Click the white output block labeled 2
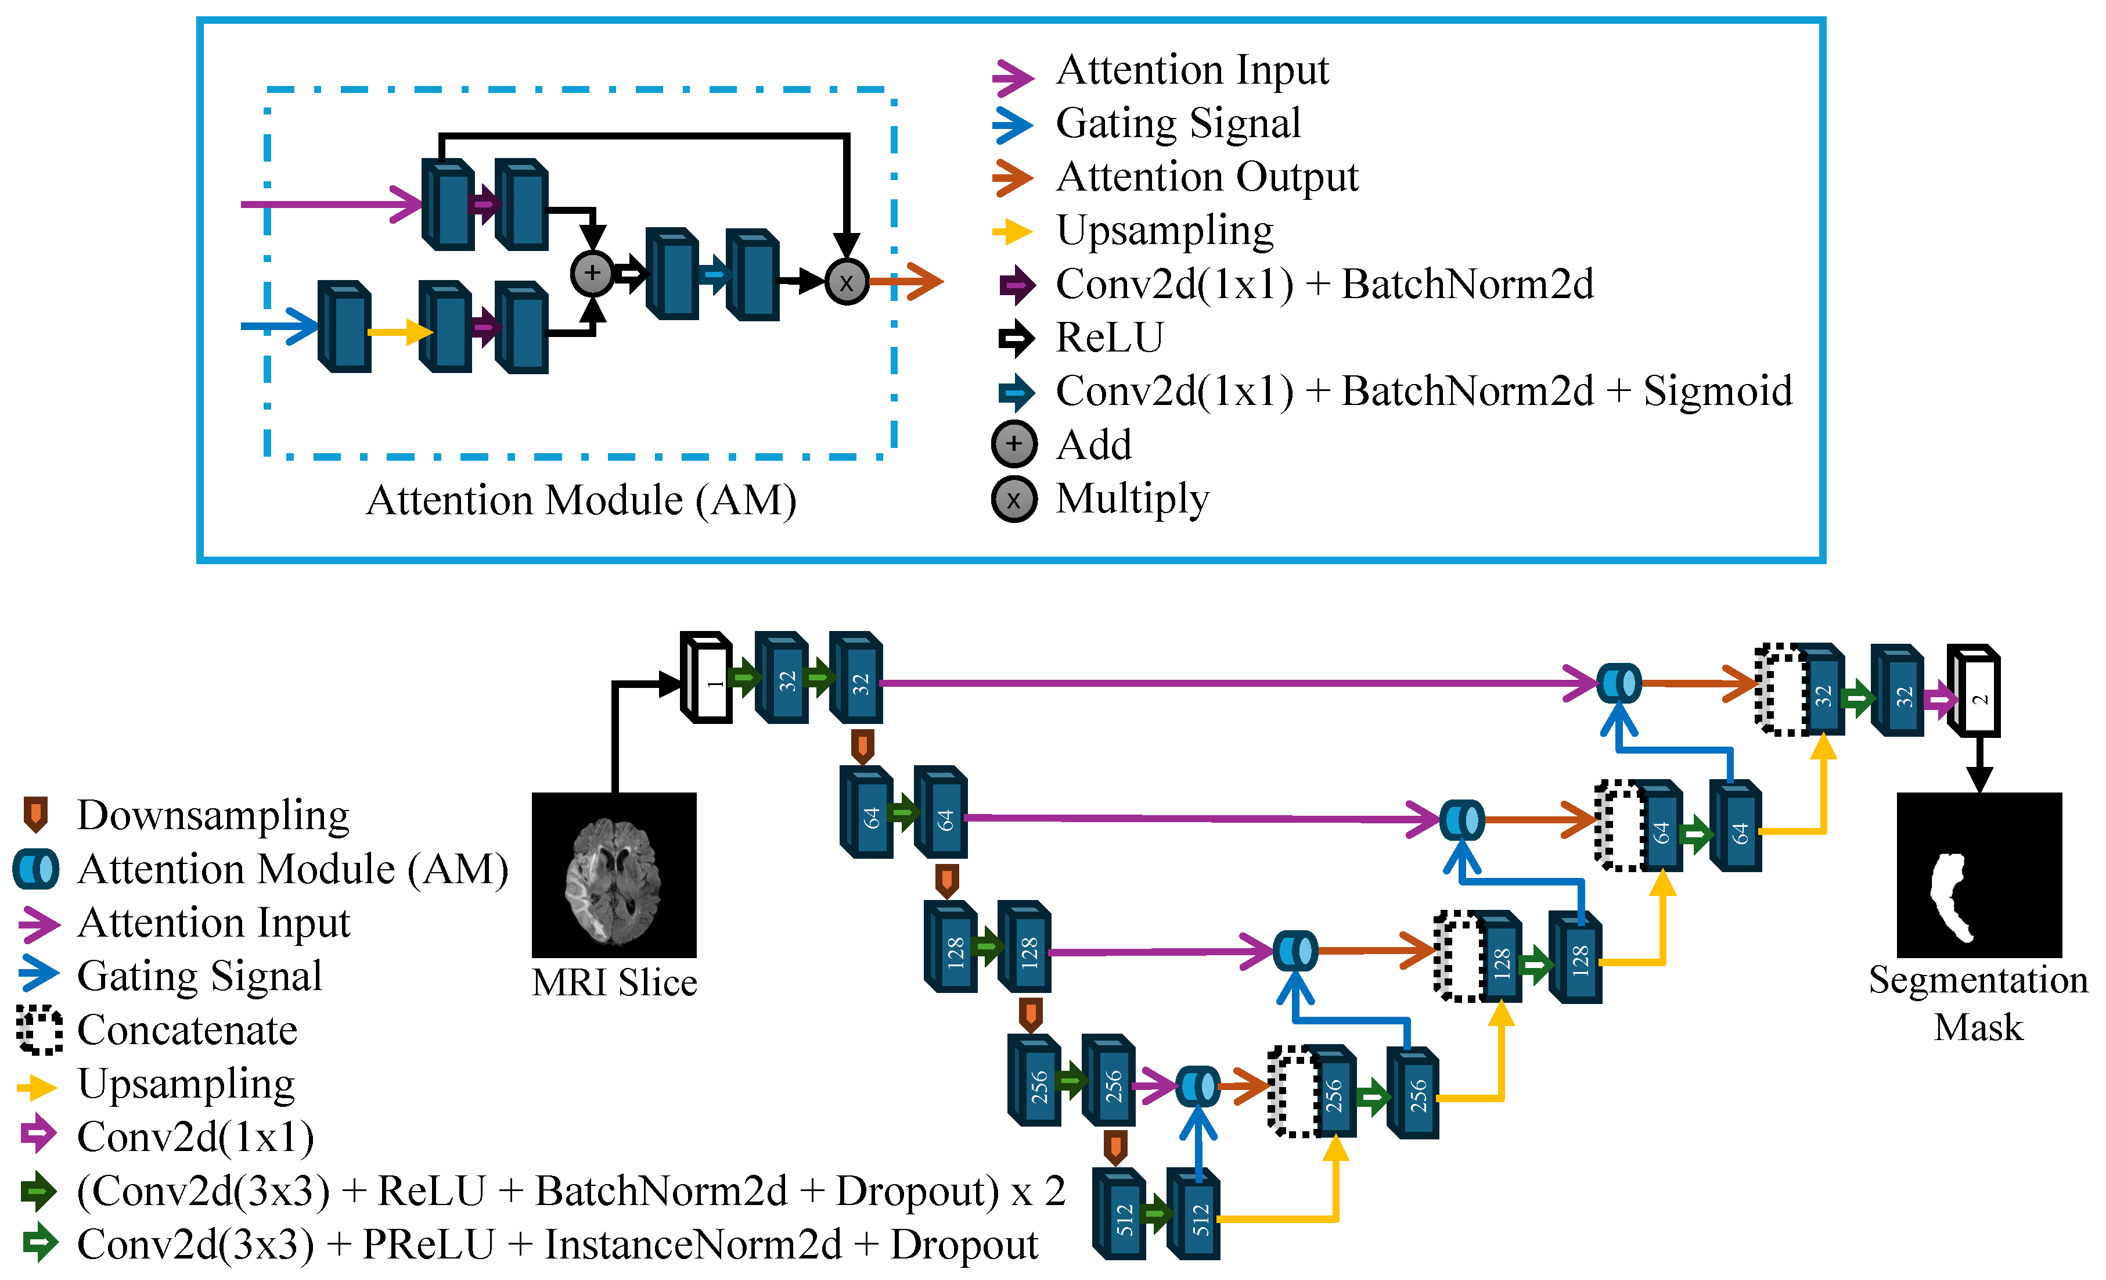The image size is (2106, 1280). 1974,693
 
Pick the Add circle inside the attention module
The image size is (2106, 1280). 592,274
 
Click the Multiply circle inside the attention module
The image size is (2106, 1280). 846,282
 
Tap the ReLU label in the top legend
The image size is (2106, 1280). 1110,337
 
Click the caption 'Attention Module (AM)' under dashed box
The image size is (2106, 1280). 581,500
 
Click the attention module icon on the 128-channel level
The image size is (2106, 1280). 1295,950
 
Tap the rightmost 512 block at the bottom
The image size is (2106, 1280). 1194,1214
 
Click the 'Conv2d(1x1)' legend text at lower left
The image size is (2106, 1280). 196,1136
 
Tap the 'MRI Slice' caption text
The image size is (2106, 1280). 614,983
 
